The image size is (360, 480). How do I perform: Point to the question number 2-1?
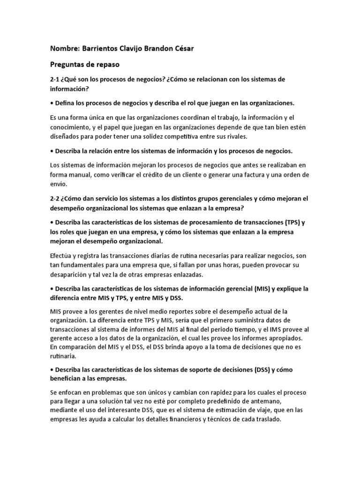click(55, 79)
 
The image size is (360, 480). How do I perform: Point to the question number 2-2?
click(55, 198)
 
